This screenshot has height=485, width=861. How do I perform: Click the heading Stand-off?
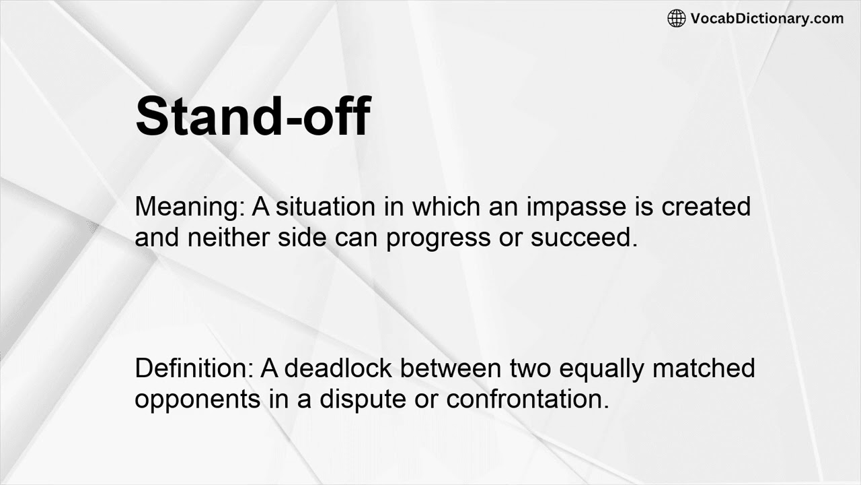tap(252, 116)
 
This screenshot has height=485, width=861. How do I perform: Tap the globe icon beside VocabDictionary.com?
tap(676, 19)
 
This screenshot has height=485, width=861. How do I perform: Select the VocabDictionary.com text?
tap(767, 19)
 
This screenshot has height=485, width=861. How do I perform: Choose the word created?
tap(706, 206)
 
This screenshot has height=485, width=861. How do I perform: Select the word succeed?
tap(584, 238)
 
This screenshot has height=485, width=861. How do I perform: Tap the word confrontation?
tap(527, 399)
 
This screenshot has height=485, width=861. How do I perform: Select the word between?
tap(451, 368)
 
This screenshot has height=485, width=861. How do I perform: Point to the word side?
tap(302, 238)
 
